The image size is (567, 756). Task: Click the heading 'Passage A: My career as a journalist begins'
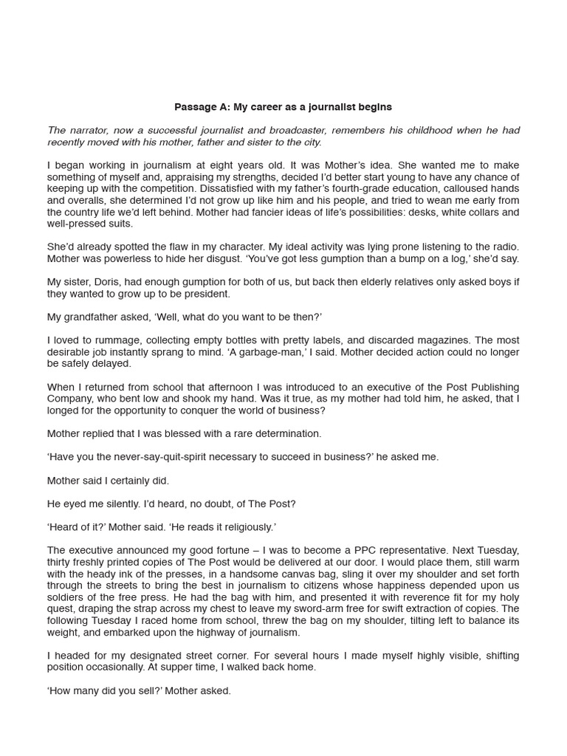pos(283,107)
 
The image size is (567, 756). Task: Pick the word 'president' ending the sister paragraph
pos(208,294)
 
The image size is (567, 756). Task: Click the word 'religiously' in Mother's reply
pos(247,527)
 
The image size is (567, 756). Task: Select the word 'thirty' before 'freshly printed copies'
pos(61,563)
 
